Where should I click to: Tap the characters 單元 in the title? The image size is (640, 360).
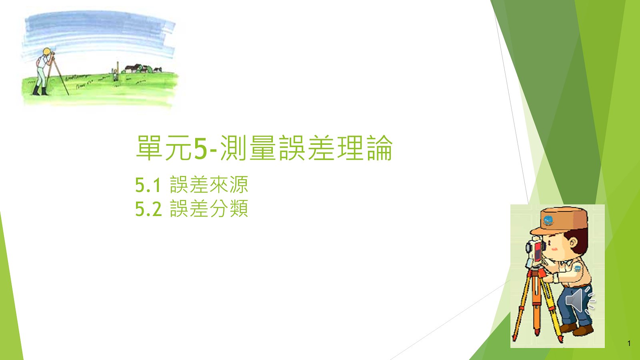click(164, 148)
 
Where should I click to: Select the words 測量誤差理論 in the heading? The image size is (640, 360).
click(306, 148)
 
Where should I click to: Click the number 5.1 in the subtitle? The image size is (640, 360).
click(148, 185)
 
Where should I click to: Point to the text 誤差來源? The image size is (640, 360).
click(209, 184)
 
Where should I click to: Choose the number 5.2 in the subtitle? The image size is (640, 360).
click(148, 209)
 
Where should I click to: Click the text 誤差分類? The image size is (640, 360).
click(209, 208)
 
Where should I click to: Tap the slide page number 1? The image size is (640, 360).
click(629, 344)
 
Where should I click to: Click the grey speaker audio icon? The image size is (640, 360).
click(580, 300)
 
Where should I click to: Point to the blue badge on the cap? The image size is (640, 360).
click(548, 220)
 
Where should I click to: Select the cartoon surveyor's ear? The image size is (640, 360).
click(573, 243)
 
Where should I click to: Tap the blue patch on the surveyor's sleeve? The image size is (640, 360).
click(578, 268)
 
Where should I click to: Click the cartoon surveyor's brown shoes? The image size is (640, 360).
click(576, 329)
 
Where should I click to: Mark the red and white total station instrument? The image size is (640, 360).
click(535, 252)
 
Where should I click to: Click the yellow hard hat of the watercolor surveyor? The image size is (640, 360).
click(47, 52)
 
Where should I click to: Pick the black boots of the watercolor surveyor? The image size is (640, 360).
click(40, 90)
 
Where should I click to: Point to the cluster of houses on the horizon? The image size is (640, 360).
click(142, 69)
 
